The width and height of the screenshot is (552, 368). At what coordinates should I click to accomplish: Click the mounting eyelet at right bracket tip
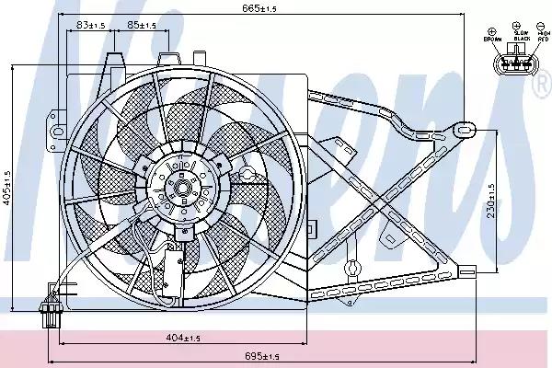(x=468, y=126)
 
